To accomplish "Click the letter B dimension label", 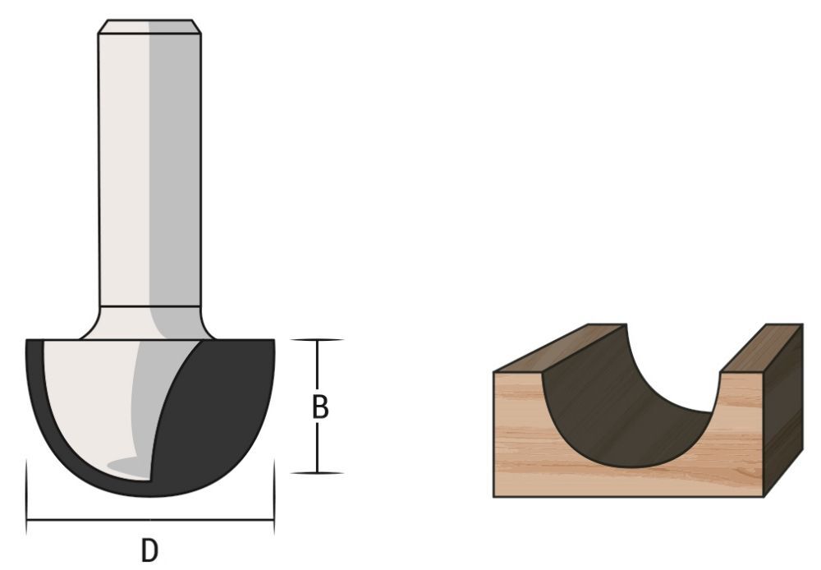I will point(321,407).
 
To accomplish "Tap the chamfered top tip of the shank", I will point(149,25).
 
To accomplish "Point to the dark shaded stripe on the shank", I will point(175,164).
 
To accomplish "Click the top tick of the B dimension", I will point(317,339).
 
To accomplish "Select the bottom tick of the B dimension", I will point(317,473).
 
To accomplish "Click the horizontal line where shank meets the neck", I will point(149,306).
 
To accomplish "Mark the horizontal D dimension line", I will point(99,519).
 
